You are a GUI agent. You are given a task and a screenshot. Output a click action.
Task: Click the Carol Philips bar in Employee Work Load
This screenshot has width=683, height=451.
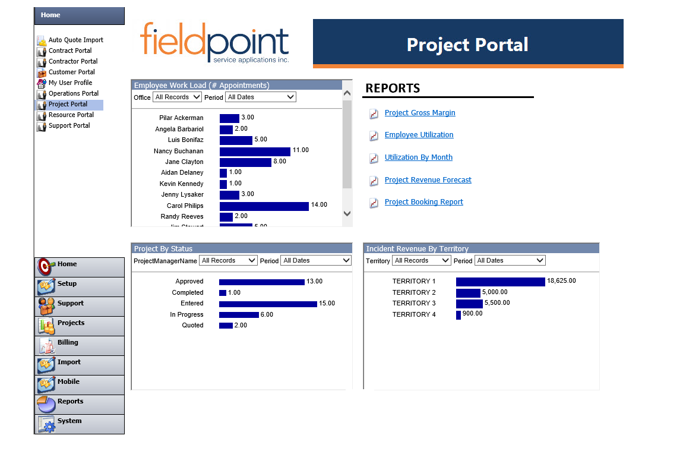[264, 206]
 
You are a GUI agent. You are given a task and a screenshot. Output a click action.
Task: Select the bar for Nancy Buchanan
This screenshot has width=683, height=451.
[255, 152]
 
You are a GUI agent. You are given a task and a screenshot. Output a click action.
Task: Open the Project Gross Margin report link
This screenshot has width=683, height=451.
[420, 113]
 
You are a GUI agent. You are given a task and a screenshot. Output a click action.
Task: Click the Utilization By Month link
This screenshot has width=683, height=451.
[418, 157]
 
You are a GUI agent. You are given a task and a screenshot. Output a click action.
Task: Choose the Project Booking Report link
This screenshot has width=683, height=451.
[423, 202]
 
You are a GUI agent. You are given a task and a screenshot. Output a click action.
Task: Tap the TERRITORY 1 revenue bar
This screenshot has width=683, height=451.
[500, 282]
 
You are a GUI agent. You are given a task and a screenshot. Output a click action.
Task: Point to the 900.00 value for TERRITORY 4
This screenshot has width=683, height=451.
[473, 314]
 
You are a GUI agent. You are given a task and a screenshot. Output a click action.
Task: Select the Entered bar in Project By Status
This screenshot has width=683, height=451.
[268, 304]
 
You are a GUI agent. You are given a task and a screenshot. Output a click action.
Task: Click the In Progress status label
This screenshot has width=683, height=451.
[186, 314]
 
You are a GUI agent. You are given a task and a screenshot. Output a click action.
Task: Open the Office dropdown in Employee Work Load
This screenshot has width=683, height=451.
[177, 97]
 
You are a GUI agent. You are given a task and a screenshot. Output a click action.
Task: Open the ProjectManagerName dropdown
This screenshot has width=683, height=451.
[228, 260]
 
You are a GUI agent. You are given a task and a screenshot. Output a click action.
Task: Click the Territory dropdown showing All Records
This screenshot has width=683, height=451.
[421, 260]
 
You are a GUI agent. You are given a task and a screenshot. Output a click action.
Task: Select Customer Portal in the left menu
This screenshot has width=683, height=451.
[71, 72]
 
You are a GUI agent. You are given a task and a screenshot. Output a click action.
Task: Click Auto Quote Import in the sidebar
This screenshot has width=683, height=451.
[75, 40]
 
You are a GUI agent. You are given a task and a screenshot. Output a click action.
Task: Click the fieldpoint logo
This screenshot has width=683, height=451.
[214, 42]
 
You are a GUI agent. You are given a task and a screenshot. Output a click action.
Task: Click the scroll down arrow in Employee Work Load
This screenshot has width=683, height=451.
[347, 213]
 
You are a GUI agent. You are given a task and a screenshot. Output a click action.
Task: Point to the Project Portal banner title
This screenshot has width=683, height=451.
[467, 45]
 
